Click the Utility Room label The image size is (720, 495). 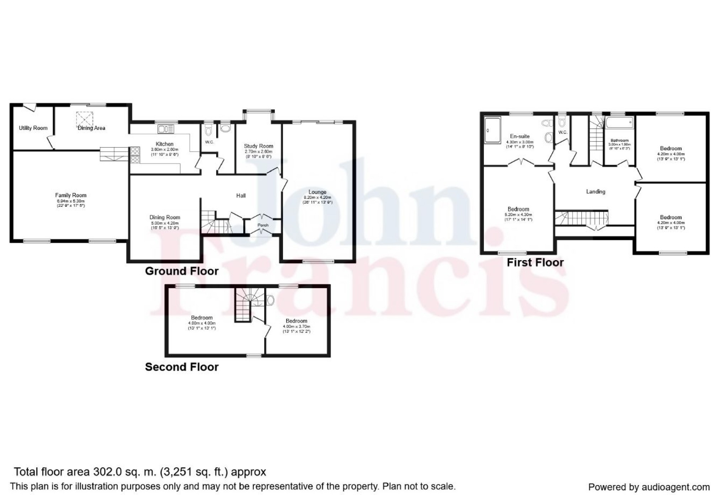33,128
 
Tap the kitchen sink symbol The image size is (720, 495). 166,129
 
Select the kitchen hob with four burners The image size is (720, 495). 135,155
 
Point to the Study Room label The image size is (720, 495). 258,146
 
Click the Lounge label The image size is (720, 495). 317,192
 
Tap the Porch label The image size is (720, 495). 263,225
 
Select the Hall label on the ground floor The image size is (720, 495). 241,195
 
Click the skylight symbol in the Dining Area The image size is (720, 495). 85,118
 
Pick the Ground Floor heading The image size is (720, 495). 182,271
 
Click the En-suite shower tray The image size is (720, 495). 492,130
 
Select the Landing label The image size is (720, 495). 596,192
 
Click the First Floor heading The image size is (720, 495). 535,263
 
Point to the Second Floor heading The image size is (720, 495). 182,367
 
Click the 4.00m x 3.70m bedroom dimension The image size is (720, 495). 296,327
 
